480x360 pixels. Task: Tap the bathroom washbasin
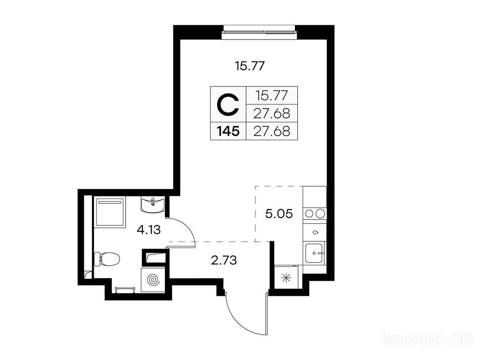(x=153, y=205)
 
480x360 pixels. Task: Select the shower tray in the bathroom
(x=110, y=213)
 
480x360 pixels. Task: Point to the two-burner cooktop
(x=315, y=213)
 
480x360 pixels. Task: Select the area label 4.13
(x=149, y=229)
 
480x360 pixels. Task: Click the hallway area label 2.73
(x=224, y=261)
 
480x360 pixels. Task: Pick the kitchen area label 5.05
(x=279, y=214)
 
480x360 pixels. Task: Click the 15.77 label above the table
(x=249, y=66)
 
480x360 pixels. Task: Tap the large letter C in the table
(x=228, y=105)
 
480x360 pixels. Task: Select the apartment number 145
(x=228, y=131)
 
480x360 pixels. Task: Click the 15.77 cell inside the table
(x=272, y=96)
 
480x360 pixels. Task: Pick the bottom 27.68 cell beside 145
(x=272, y=131)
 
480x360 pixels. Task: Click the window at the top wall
(x=260, y=32)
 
